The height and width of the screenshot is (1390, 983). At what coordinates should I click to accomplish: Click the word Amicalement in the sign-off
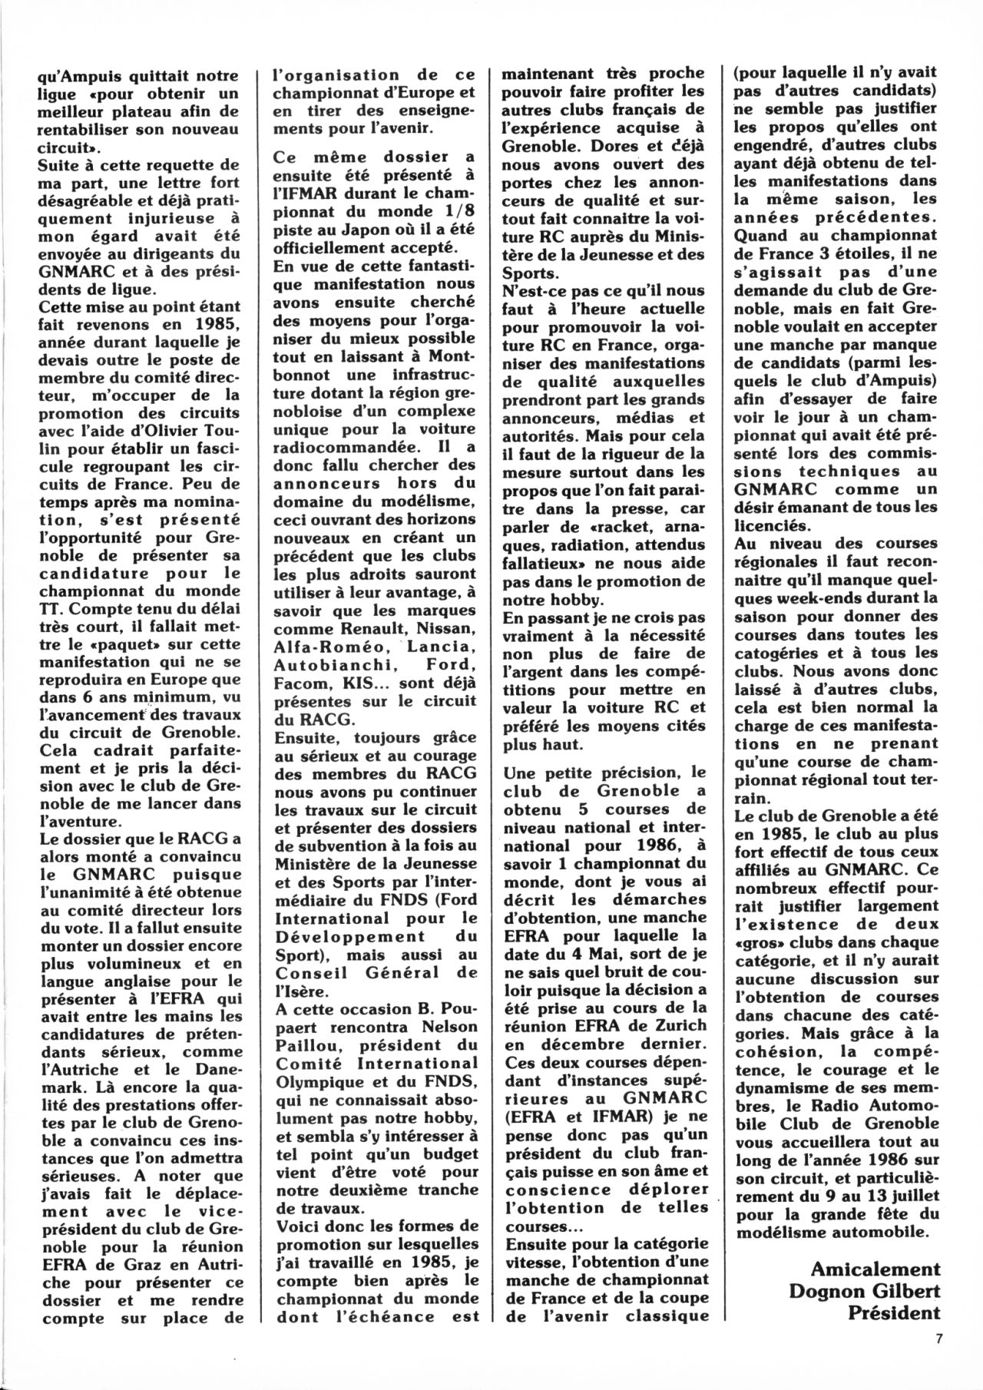[x=875, y=1268]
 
